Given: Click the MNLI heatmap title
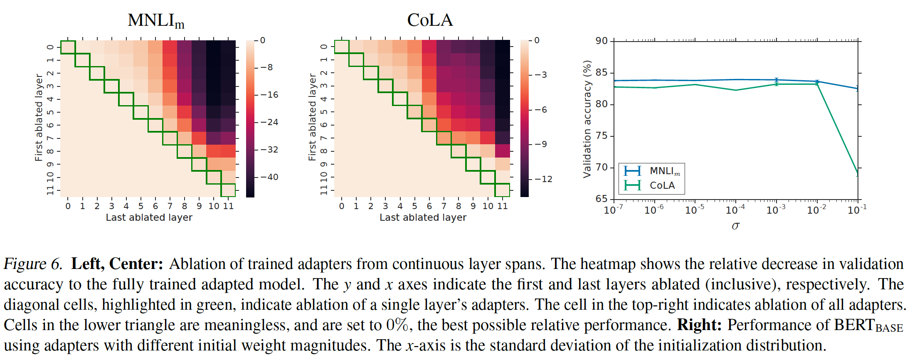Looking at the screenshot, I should [156, 20].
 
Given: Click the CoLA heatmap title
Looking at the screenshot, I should [430, 20].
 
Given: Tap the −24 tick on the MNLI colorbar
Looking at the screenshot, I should [269, 122].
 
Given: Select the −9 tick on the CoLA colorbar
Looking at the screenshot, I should [541, 144].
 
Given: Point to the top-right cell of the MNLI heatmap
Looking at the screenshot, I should [228, 47].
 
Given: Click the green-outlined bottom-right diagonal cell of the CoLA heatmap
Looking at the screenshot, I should [502, 190].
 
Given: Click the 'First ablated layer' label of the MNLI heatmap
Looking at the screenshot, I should [39, 118].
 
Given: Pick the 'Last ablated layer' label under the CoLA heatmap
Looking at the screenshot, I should [423, 217].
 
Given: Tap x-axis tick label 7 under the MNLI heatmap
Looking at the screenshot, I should [170, 206].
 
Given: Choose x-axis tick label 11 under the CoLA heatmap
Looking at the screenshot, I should [502, 206].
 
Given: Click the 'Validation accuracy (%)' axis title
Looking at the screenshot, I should [587, 119].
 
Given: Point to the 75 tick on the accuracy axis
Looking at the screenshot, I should [601, 136].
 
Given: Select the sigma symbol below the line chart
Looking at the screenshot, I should [735, 226].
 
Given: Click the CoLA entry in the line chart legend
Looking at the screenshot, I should [662, 185].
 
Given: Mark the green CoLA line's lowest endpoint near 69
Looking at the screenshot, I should [858, 173].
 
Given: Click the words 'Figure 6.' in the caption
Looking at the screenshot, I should [33, 264].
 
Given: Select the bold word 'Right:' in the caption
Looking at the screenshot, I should [699, 325].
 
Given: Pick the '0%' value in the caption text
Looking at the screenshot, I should [397, 325].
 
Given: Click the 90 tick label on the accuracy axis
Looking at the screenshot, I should [601, 41].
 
